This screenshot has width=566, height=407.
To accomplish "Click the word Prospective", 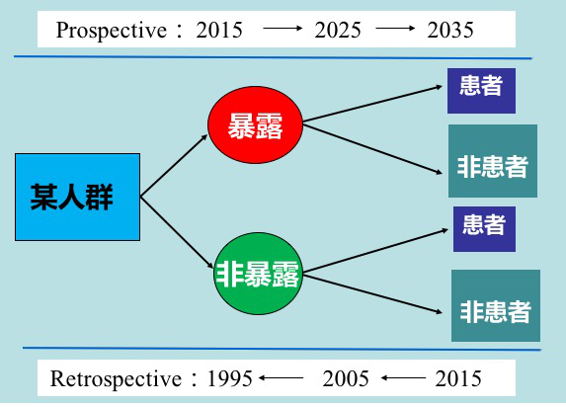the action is click(x=112, y=31).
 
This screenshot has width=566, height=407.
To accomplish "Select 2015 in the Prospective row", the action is click(x=219, y=30).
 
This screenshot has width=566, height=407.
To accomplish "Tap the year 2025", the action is click(x=338, y=30).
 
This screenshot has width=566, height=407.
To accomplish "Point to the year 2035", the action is click(x=450, y=30).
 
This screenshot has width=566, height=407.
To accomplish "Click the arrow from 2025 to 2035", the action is click(x=395, y=29).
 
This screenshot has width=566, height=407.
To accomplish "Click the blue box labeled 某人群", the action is click(x=78, y=197).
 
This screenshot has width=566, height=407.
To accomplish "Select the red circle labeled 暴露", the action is click(x=255, y=124).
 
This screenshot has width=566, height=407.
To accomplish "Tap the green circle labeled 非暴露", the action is click(x=258, y=274).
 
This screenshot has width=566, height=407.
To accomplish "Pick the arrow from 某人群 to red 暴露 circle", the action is click(x=174, y=166).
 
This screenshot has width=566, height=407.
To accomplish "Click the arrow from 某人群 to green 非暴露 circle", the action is click(x=177, y=232).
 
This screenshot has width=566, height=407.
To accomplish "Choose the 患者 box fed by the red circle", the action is click(x=481, y=91).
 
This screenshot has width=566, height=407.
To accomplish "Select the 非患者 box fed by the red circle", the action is click(x=493, y=161).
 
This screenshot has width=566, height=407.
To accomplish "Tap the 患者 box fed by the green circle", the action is click(x=484, y=229).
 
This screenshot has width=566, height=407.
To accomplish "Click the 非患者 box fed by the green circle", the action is click(x=496, y=305).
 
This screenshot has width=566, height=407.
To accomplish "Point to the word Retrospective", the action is click(x=116, y=379).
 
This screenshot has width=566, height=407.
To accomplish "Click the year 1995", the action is click(x=229, y=378).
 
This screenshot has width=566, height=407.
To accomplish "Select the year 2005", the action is click(x=346, y=378).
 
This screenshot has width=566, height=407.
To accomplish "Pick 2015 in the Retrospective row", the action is click(x=458, y=378).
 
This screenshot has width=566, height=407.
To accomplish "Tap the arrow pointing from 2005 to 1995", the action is click(x=282, y=378).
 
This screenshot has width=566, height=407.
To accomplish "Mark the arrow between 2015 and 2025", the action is click(x=283, y=29).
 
